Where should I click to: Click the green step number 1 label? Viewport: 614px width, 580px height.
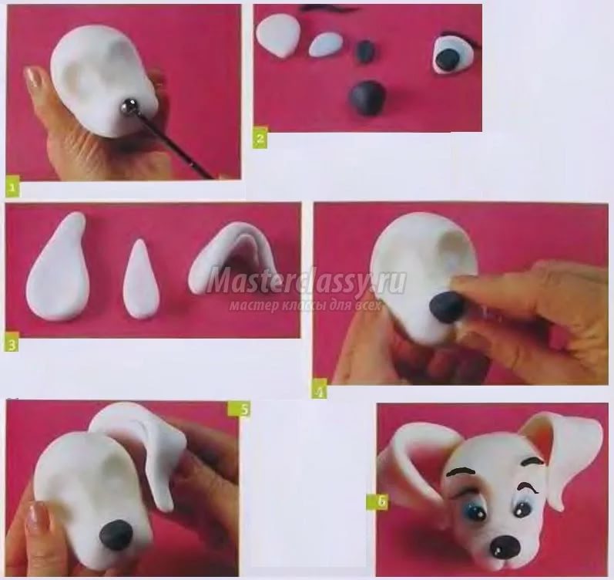point(12,187)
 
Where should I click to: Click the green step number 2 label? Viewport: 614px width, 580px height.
point(260,137)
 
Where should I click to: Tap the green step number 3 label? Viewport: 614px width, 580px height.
point(12,346)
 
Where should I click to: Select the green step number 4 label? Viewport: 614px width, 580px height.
point(320,391)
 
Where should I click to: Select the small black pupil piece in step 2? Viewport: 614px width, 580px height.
point(365,51)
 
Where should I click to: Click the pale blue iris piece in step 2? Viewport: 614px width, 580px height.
point(325,45)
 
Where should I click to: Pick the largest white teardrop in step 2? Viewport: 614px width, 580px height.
point(278,35)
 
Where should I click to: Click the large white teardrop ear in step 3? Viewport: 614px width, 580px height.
point(59,267)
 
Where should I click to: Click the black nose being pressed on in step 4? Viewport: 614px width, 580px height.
point(446,307)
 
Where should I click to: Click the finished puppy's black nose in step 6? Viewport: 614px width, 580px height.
point(504,545)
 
